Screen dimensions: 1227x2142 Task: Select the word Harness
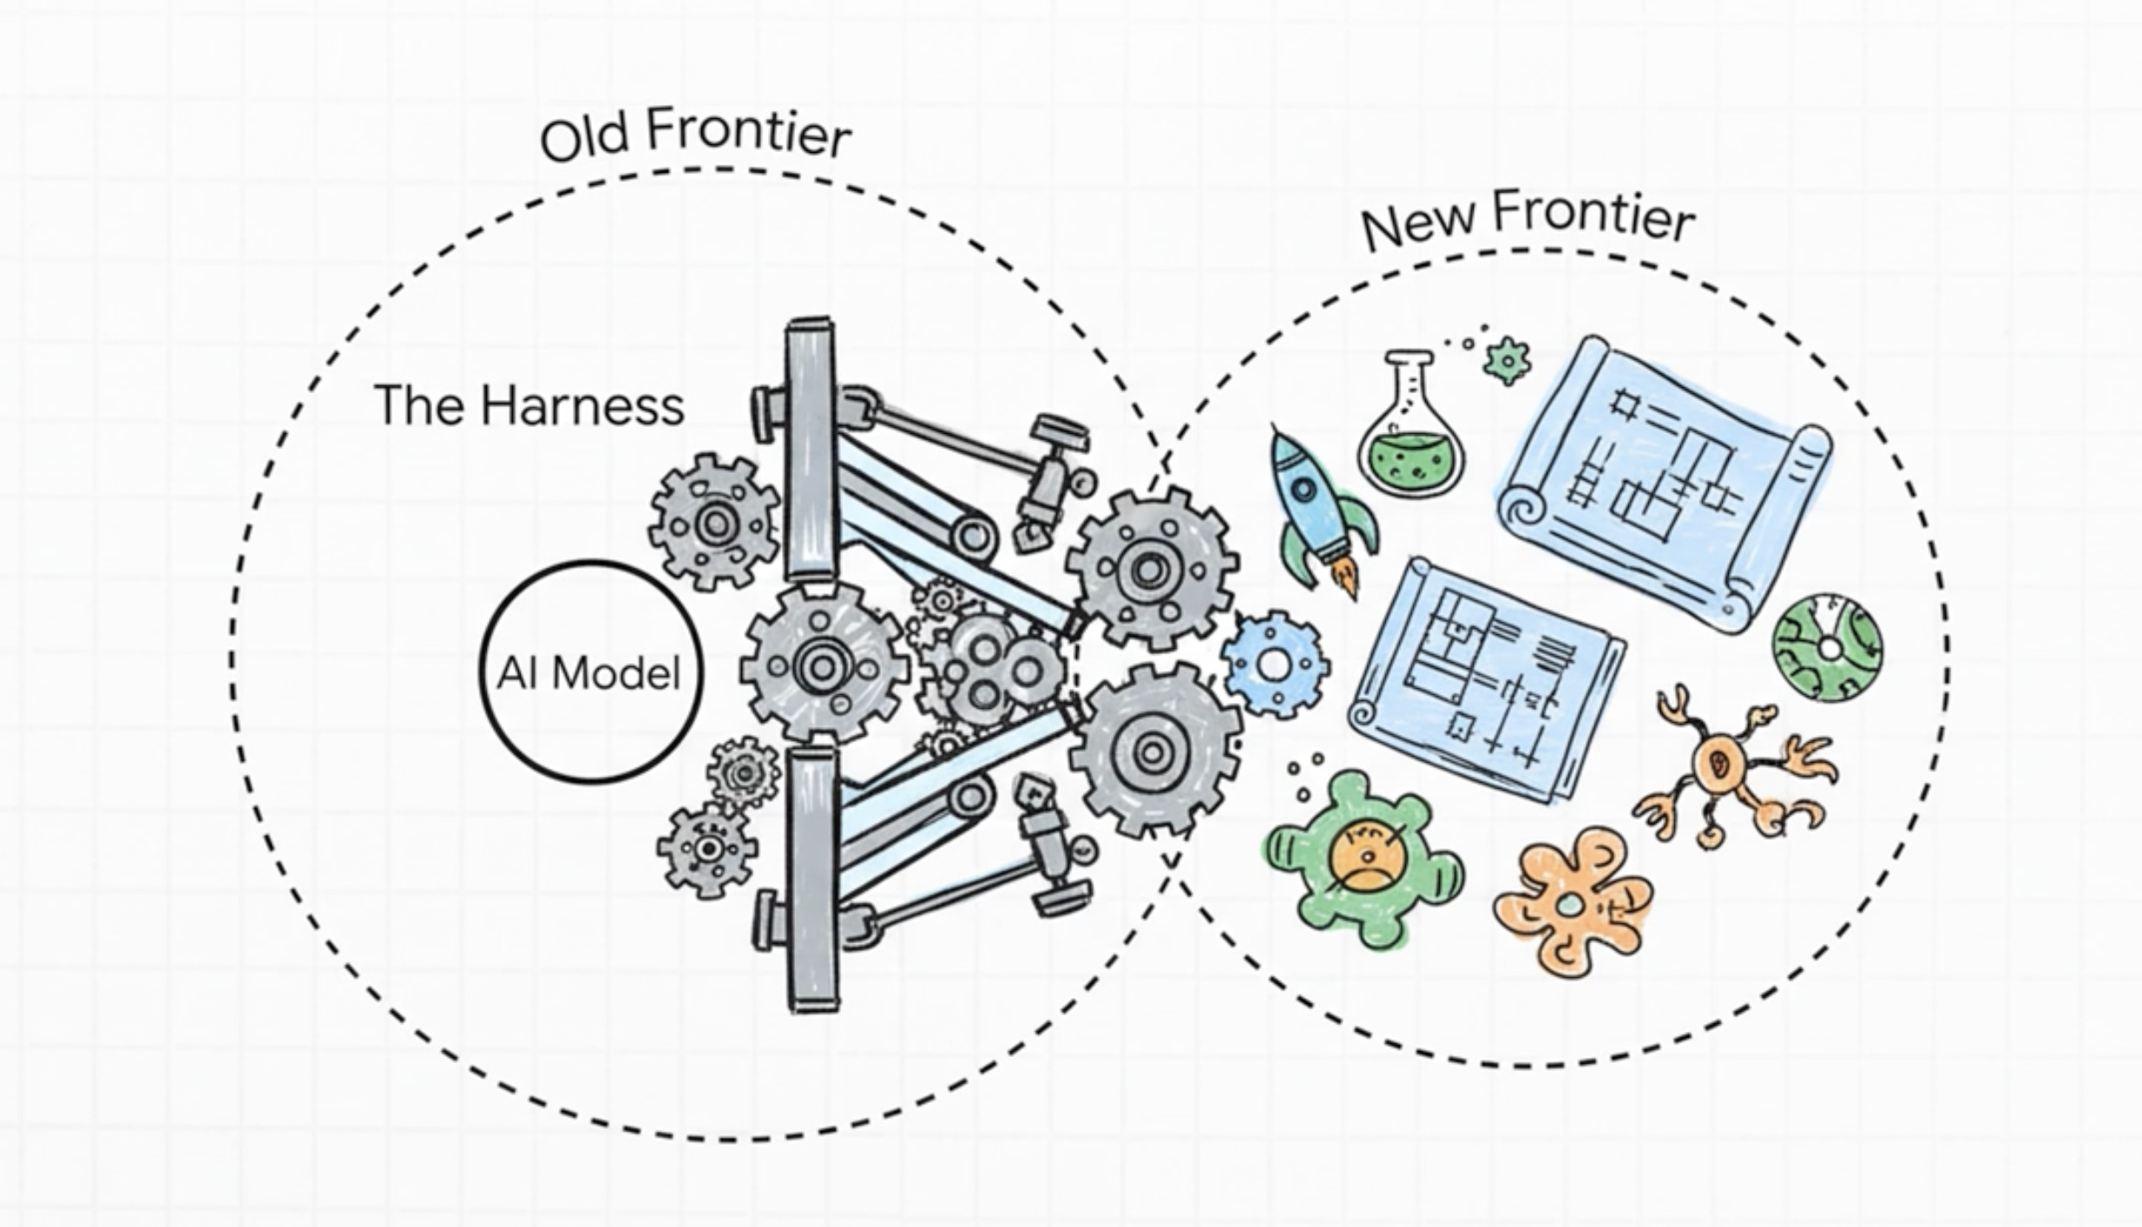[582, 407]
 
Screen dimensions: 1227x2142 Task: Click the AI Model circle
[591, 673]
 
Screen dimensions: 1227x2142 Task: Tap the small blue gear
[1275, 664]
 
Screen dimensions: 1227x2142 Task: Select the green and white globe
[1827, 646]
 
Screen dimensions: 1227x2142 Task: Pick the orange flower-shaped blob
[1571, 902]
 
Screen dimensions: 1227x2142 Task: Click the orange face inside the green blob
[1366, 854]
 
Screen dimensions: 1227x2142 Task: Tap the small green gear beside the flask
[1507, 361]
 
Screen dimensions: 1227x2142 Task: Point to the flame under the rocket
[1347, 578]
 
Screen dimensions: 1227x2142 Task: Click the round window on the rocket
[1304, 489]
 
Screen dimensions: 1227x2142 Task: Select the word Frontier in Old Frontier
[748, 135]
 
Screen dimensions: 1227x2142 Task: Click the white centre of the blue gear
[1274, 665]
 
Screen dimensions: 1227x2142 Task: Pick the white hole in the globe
[1829, 648]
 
